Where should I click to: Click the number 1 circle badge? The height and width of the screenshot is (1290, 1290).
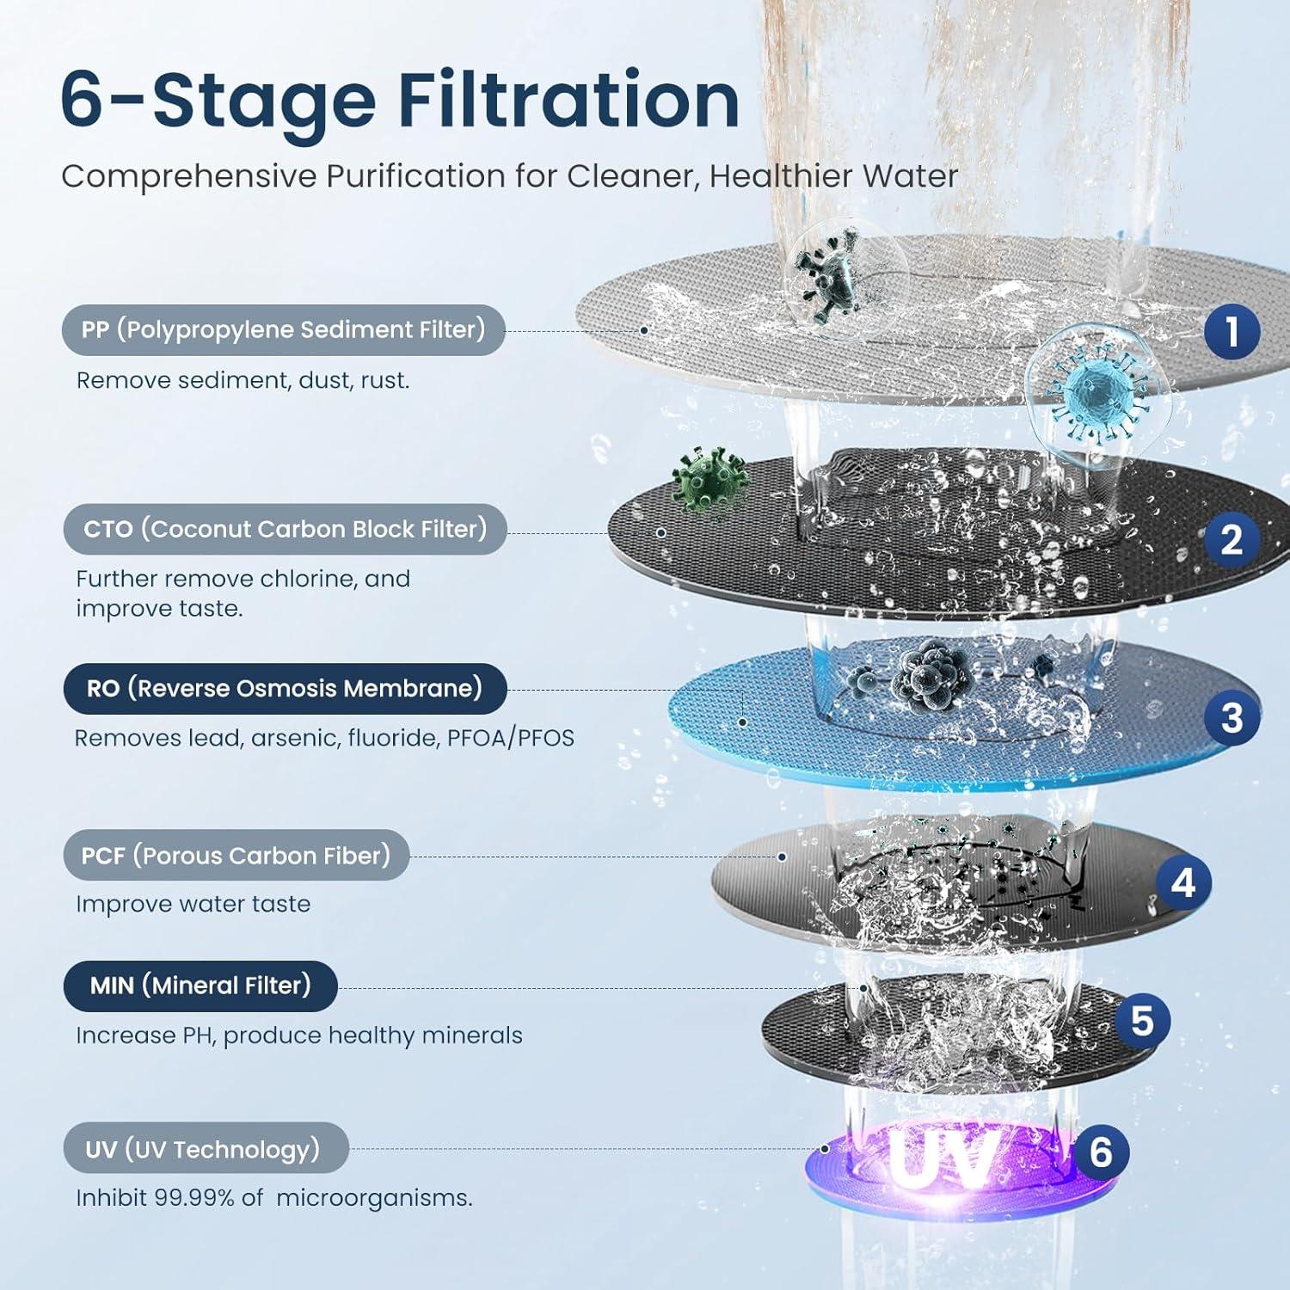[x=1232, y=332]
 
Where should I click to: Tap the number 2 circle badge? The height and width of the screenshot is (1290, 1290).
[x=1232, y=539]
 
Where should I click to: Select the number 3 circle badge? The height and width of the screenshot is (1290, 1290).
[x=1232, y=718]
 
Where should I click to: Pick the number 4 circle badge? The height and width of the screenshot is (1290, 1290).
[x=1183, y=882]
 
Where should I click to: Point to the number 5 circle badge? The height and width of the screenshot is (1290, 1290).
[x=1142, y=1021]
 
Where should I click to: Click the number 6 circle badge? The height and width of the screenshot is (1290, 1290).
[x=1101, y=1152]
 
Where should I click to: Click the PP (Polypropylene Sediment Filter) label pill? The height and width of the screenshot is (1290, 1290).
[x=283, y=330]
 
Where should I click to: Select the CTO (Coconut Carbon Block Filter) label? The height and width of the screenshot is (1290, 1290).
[x=285, y=529]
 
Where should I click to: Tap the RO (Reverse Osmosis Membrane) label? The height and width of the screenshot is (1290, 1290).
[x=285, y=689]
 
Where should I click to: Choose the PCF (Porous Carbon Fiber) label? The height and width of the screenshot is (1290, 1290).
[x=236, y=856]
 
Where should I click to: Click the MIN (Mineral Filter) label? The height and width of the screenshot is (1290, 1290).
[x=200, y=986]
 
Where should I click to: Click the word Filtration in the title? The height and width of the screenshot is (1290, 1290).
[x=568, y=101]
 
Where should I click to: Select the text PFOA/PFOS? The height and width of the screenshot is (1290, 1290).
[x=510, y=738]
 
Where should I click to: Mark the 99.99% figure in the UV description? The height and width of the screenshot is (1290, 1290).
[x=193, y=1198]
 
